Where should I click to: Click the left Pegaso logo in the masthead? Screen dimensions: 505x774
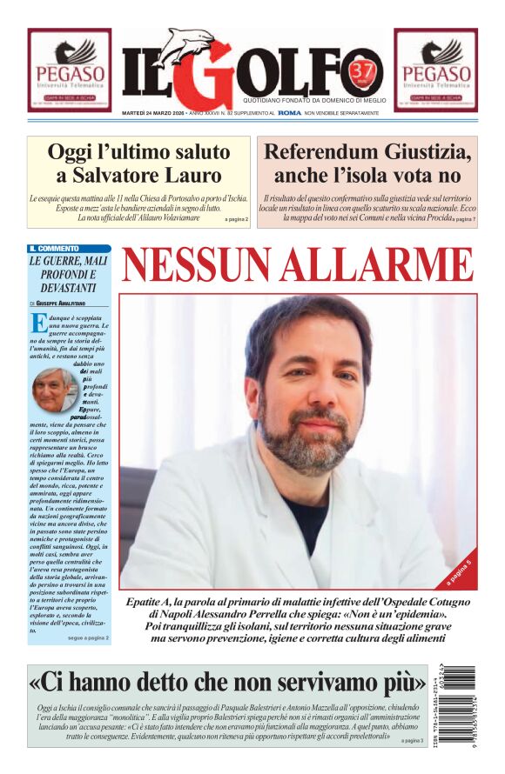point(69,70)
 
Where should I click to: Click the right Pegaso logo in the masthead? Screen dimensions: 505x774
point(434,70)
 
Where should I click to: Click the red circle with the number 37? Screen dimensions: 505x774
point(359,69)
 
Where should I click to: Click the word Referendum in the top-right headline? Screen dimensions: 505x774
point(325,152)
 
